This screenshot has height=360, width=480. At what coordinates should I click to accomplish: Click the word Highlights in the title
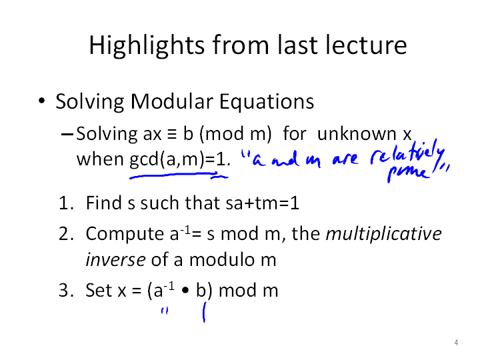tap(147, 45)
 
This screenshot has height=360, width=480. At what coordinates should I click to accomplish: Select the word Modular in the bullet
tap(172, 101)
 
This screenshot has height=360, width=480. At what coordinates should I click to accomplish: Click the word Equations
tap(267, 102)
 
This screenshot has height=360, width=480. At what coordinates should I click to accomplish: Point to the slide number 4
tap(456, 343)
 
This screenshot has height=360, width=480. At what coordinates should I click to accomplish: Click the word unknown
tap(357, 134)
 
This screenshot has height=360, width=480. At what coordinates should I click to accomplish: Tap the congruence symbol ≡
tap(172, 135)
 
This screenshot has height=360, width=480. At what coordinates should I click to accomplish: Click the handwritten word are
tap(345, 159)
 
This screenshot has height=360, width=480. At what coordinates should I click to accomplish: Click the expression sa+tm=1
tap(263, 203)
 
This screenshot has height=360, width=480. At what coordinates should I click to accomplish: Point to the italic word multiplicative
tap(383, 234)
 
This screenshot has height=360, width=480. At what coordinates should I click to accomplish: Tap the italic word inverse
tap(115, 259)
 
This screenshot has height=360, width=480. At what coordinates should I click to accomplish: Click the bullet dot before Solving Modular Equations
tap(42, 101)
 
